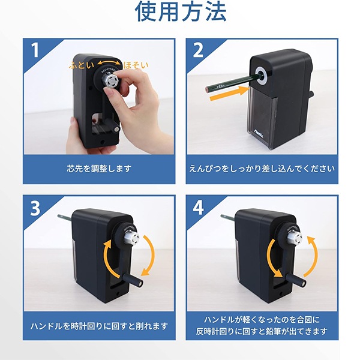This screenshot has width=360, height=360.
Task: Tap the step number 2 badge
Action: (x=199, y=51)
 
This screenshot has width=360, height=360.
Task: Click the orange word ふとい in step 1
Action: (x=81, y=64)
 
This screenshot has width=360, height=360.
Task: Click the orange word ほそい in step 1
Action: (x=136, y=64)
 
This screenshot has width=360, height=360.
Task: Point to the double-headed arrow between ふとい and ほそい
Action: (x=108, y=62)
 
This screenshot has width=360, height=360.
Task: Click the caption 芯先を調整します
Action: (x=99, y=169)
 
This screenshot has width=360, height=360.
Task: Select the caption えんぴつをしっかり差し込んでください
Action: (x=261, y=169)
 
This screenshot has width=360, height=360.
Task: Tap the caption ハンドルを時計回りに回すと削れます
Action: (x=99, y=326)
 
